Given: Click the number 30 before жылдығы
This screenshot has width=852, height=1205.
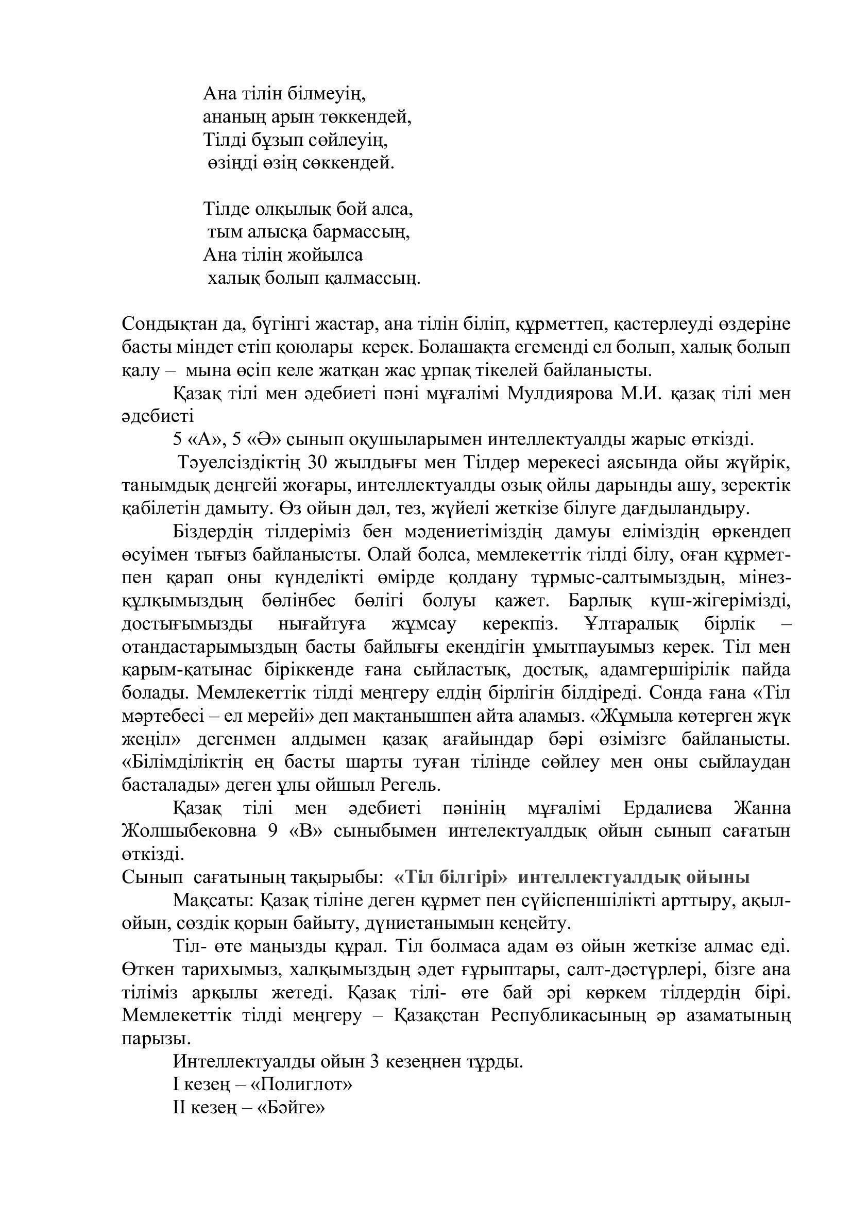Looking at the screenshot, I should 318,462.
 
